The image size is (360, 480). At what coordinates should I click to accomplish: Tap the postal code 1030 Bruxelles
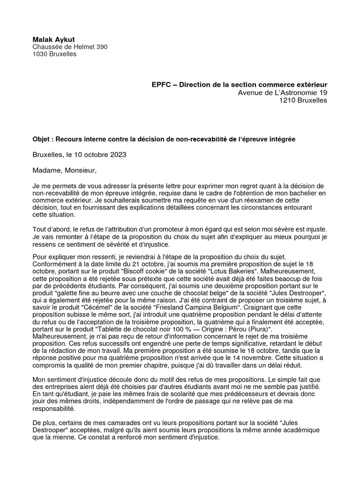point(54,54)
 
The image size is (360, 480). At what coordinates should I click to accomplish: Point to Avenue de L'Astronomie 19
point(283,93)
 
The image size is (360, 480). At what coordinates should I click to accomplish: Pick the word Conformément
point(53,264)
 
